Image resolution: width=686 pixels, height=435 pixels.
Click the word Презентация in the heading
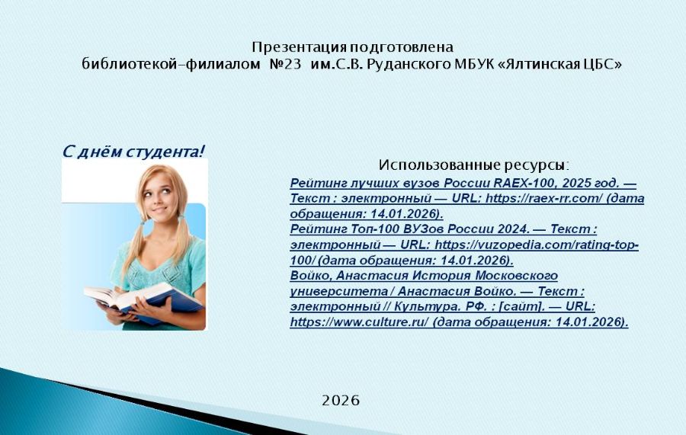tap(300, 46)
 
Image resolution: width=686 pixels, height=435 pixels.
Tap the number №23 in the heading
tap(286, 64)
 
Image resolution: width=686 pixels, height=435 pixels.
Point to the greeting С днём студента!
tap(133, 152)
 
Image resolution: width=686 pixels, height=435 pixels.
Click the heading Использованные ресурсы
tap(473, 165)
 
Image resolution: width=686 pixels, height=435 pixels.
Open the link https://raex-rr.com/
tap(544, 198)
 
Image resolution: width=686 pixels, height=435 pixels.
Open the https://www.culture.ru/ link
tap(359, 322)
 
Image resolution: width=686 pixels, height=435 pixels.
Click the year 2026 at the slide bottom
tap(341, 400)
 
